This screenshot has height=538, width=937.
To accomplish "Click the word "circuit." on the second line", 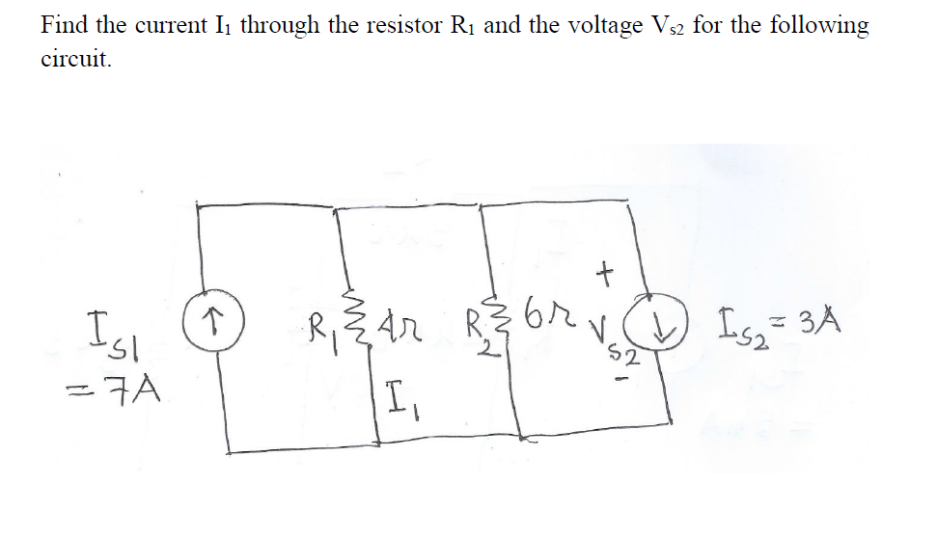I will click(x=76, y=59).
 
